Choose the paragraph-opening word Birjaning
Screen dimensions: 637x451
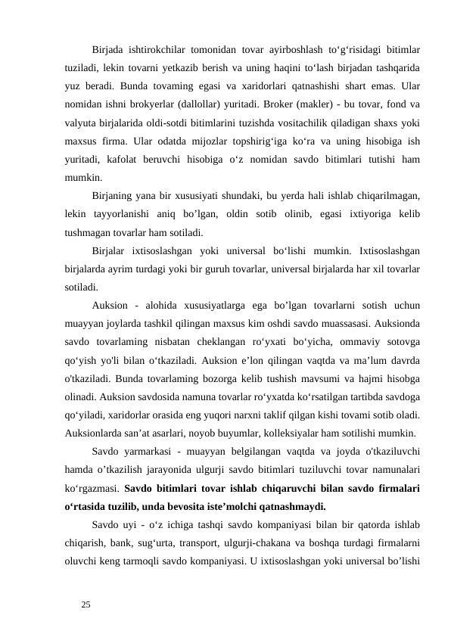(114, 196)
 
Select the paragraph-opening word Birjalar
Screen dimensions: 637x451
(110, 250)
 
